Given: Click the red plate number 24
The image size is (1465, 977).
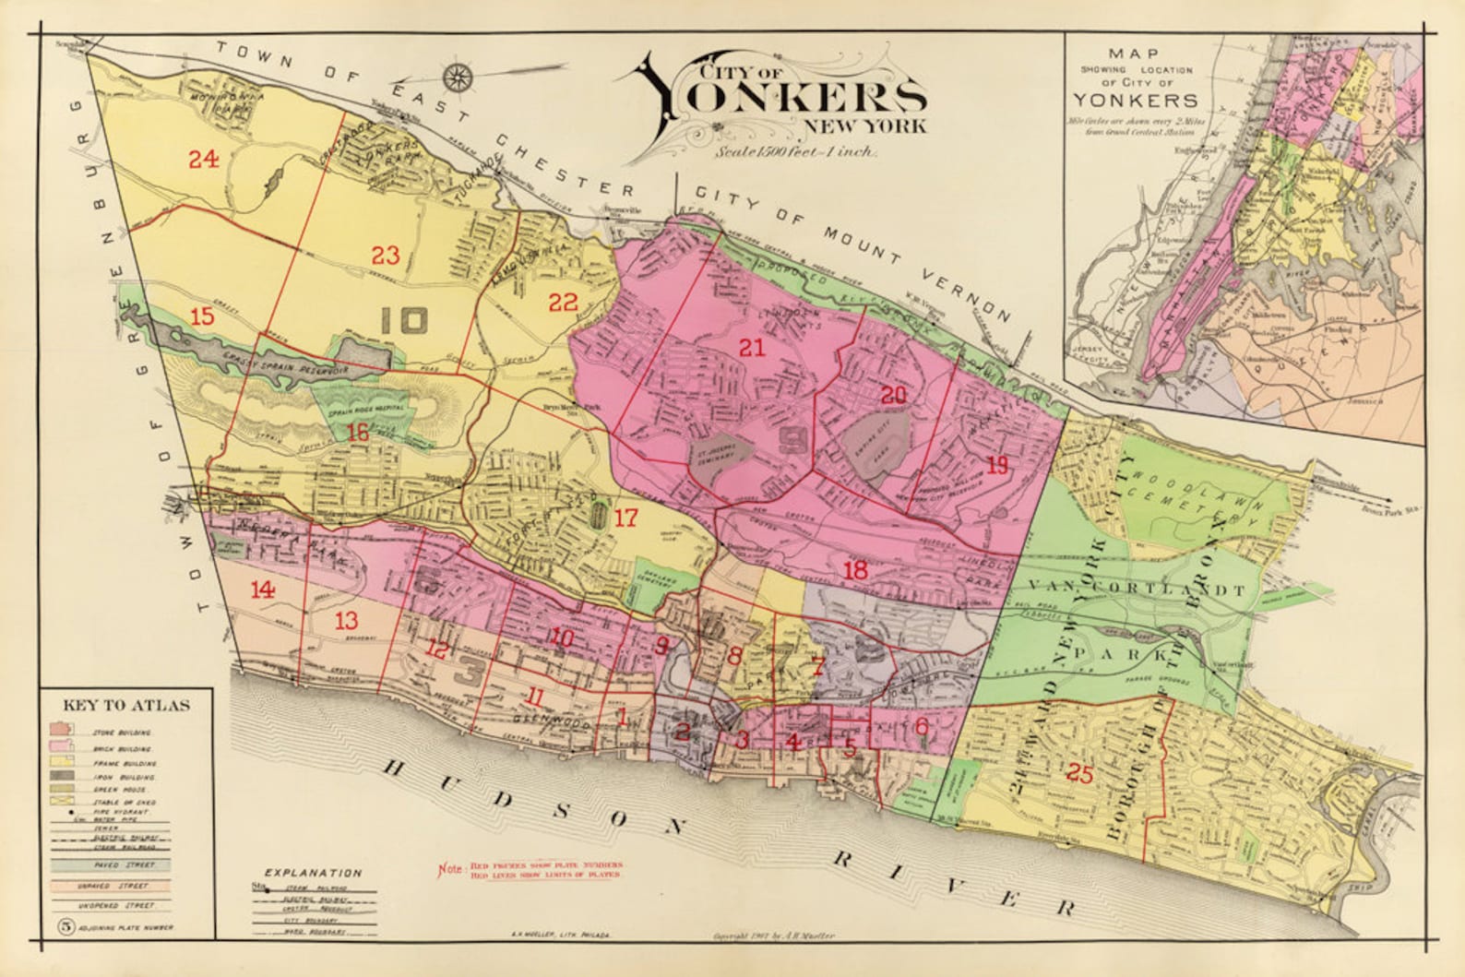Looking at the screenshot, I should pos(204,160).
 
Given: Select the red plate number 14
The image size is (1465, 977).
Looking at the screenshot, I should pos(263,590).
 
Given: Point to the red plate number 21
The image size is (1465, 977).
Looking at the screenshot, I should pos(753,348).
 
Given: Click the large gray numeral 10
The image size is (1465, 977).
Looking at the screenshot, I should pos(404,320).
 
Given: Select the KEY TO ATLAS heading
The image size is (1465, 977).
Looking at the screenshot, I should pos(126,706).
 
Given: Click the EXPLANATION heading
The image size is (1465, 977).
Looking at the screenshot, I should pos(313,872).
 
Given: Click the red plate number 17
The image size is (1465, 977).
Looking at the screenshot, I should pos(625,518).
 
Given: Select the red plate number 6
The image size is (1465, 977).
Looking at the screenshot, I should pos(922,726).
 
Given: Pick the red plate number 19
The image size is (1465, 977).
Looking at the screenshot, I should pos(996,465).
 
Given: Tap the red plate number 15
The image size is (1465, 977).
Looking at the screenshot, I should pos(202,316).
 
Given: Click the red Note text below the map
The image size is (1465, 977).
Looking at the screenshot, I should pos(530,869).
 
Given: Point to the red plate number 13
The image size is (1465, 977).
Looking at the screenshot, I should pos(346,620).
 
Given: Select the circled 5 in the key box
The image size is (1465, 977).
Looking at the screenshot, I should pos(65,926).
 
